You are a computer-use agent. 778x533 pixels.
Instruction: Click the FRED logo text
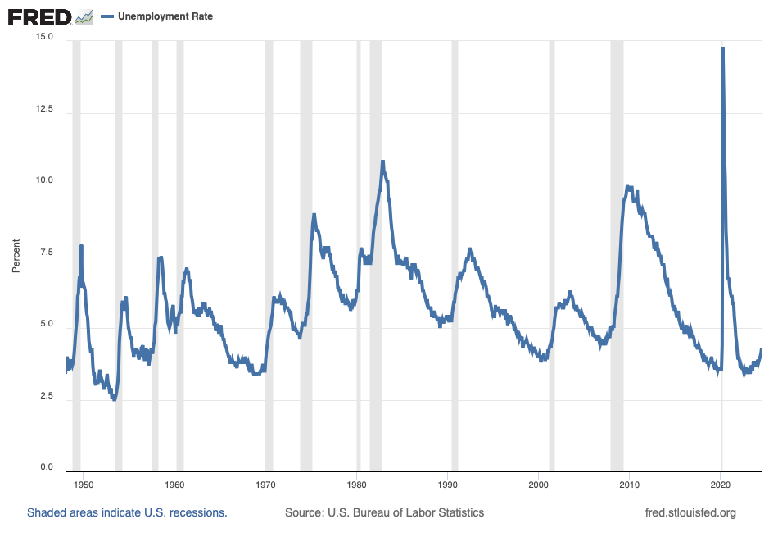pyautogui.click(x=39, y=16)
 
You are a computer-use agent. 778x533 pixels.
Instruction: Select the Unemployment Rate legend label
pyautogui.click(x=165, y=16)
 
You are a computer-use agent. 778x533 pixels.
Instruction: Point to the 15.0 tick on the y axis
pyautogui.click(x=43, y=38)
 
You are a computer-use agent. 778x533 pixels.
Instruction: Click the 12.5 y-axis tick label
pyautogui.click(x=43, y=110)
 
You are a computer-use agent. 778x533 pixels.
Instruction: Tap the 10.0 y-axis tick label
pyautogui.click(x=43, y=182)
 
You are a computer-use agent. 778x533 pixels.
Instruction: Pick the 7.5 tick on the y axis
pyautogui.click(x=45, y=254)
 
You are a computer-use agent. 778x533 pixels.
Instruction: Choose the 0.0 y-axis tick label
pyautogui.click(x=45, y=468)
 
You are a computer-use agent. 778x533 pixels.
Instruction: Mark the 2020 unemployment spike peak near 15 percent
pyautogui.click(x=722, y=48)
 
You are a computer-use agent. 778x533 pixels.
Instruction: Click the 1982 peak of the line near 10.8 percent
pyautogui.click(x=382, y=162)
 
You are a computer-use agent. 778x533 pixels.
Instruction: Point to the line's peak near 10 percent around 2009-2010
pyautogui.click(x=627, y=186)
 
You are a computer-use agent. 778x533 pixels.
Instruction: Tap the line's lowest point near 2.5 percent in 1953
pyautogui.click(x=115, y=399)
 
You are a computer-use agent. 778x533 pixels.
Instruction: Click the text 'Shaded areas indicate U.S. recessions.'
pyautogui.click(x=127, y=513)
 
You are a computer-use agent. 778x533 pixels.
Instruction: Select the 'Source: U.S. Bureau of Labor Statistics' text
pyautogui.click(x=384, y=513)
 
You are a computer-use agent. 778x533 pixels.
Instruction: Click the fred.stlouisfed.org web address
pyautogui.click(x=691, y=513)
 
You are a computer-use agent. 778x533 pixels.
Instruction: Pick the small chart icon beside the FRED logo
pyautogui.click(x=84, y=16)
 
